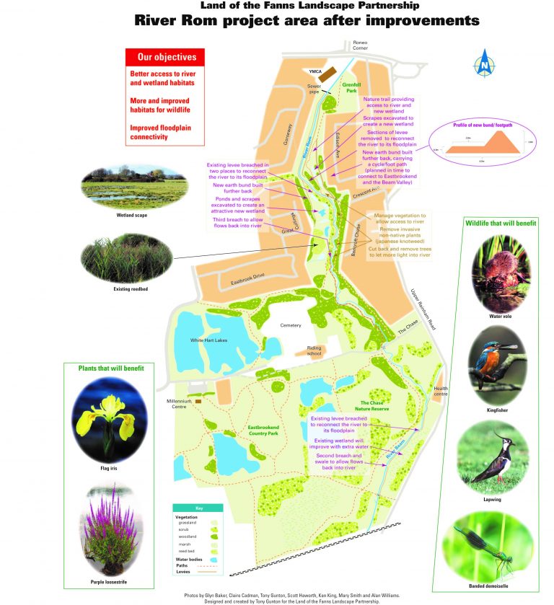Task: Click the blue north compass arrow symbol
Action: click(x=483, y=63)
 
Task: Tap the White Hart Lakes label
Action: click(x=209, y=340)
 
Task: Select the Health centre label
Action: click(x=441, y=392)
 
